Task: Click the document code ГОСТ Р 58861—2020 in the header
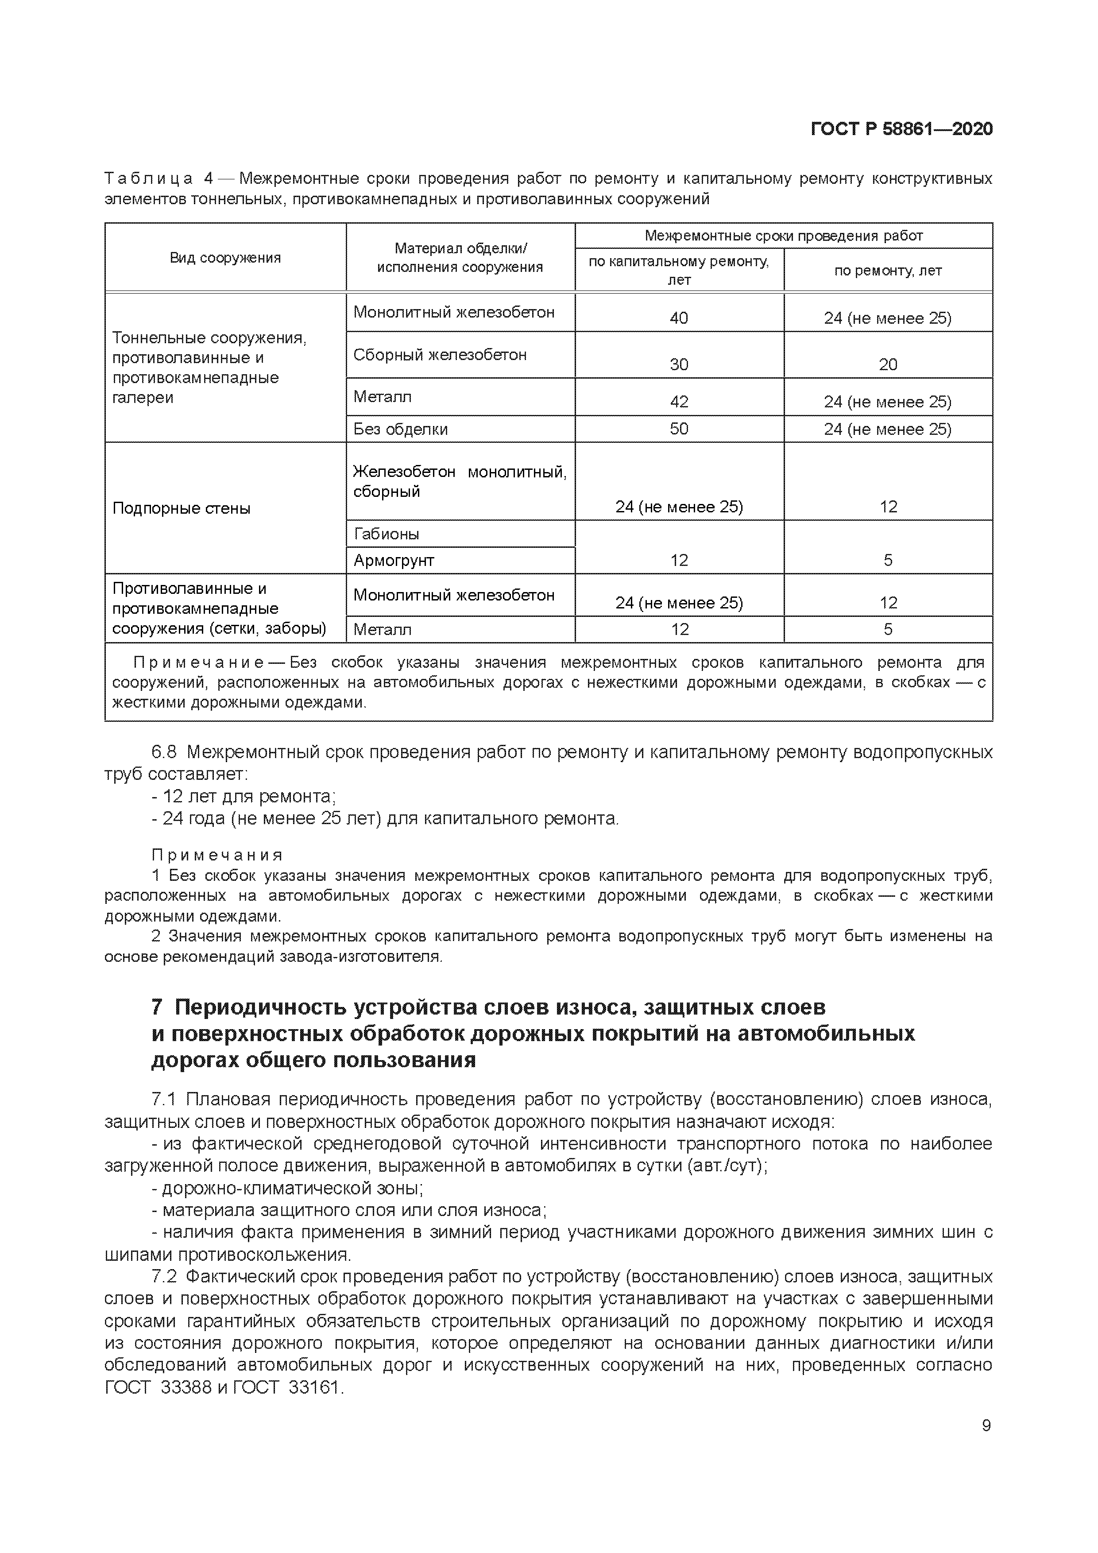click(901, 129)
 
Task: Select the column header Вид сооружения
click(225, 258)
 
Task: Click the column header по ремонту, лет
click(887, 271)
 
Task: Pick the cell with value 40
click(679, 318)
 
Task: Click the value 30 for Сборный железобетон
click(679, 364)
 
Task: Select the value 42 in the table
click(679, 402)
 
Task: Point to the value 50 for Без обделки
click(679, 429)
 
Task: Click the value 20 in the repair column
click(888, 364)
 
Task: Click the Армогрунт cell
click(394, 560)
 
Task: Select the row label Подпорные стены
click(181, 508)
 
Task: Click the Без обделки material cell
click(400, 429)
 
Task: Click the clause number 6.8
click(164, 752)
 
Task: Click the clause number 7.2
click(164, 1277)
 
